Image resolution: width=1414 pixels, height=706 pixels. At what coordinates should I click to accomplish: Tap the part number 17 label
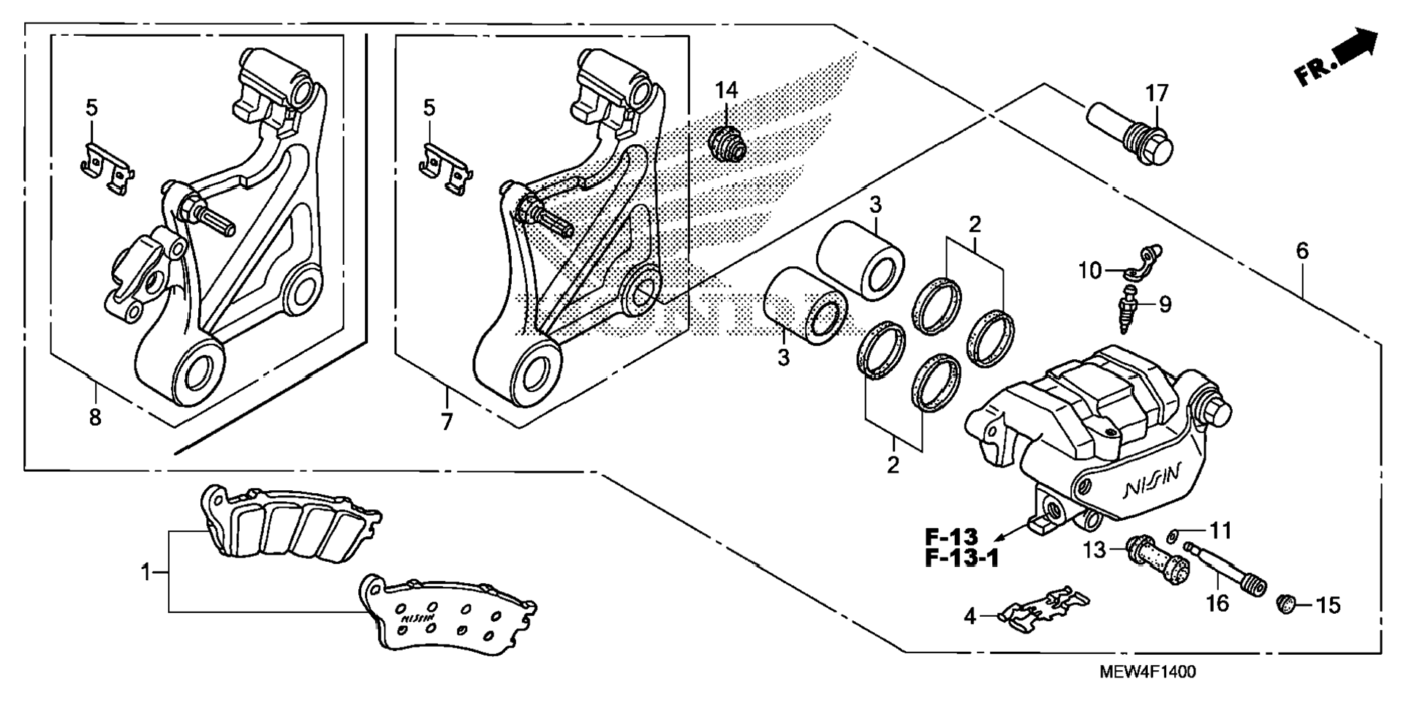coord(1157,94)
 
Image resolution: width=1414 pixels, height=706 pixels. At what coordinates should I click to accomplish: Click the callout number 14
coord(726,91)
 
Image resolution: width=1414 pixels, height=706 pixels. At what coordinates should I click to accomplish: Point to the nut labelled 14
coord(727,143)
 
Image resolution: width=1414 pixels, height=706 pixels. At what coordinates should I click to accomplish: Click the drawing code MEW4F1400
coord(1148,672)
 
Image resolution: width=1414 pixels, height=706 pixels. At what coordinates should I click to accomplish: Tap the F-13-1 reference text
coord(961,558)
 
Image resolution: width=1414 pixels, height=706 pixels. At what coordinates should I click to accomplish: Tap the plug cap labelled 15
coord(1286,604)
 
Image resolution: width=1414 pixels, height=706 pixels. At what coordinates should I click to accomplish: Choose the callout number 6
coord(1302,252)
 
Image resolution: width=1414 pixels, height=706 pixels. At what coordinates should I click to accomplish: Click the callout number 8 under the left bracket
coord(95,418)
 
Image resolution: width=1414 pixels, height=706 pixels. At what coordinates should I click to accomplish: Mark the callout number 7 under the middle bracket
coord(447,421)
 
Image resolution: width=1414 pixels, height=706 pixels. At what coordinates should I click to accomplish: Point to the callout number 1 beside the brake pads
coord(145,571)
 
